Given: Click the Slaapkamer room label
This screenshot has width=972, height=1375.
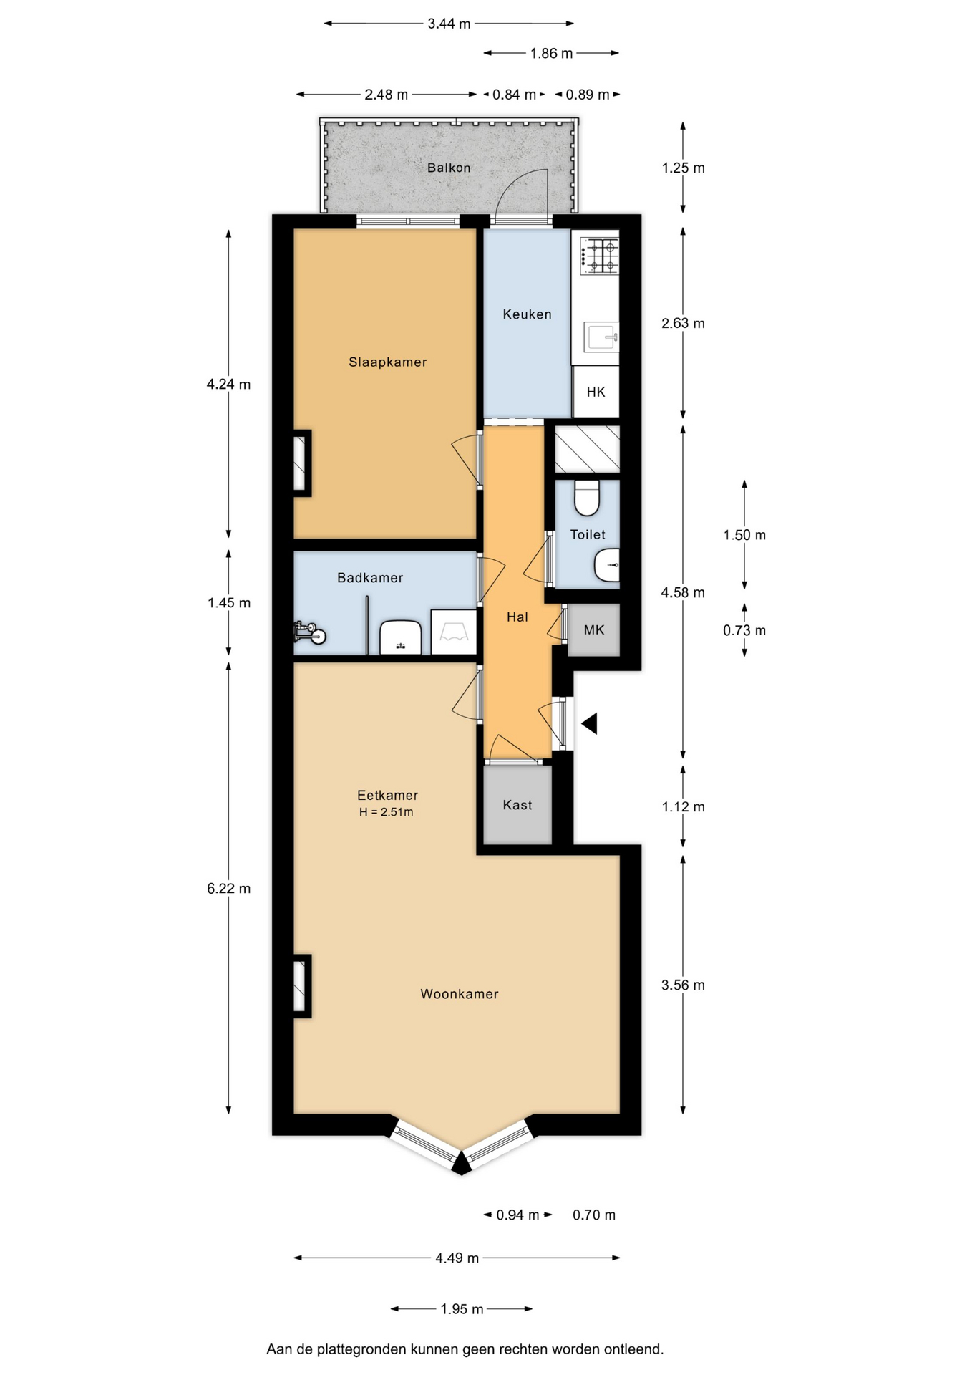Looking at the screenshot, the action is click(387, 362).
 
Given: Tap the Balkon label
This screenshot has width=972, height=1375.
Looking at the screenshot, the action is click(449, 168).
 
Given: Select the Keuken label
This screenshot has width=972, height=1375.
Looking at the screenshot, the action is click(527, 314).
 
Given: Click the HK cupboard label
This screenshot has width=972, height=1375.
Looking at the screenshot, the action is click(596, 392).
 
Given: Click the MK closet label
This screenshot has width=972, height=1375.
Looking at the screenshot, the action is click(594, 630).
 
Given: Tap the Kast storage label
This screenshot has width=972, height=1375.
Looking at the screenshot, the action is click(517, 805).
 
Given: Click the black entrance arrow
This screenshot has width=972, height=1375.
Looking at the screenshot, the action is click(589, 724).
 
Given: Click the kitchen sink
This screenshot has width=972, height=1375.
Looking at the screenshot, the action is click(601, 337).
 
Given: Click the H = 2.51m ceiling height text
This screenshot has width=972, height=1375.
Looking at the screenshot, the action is click(387, 812).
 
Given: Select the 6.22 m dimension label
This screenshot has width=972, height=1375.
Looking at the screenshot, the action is click(229, 889).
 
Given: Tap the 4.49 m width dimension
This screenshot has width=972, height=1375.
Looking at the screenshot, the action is click(457, 1258).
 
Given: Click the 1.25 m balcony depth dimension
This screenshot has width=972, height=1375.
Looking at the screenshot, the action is click(683, 168).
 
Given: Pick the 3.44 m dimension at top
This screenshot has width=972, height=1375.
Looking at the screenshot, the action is click(449, 24).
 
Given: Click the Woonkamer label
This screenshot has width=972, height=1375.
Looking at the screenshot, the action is click(459, 994).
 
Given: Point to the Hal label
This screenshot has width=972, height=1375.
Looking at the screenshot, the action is click(517, 617).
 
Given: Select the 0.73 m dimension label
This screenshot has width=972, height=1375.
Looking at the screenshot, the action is click(744, 631).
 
